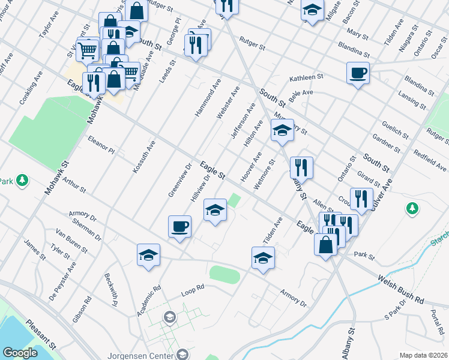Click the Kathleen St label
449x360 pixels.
306,77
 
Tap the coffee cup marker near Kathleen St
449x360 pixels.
358,73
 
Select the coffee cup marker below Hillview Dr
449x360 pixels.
179,227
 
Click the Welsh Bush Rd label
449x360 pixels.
401,289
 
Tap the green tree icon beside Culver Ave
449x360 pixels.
412,208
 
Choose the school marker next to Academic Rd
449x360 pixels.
148,255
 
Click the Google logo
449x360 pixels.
20,352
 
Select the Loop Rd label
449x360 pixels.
193,295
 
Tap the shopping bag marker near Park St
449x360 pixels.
325,245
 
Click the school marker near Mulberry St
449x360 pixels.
282,130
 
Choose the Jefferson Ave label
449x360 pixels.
243,121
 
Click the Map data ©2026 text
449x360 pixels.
423,355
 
